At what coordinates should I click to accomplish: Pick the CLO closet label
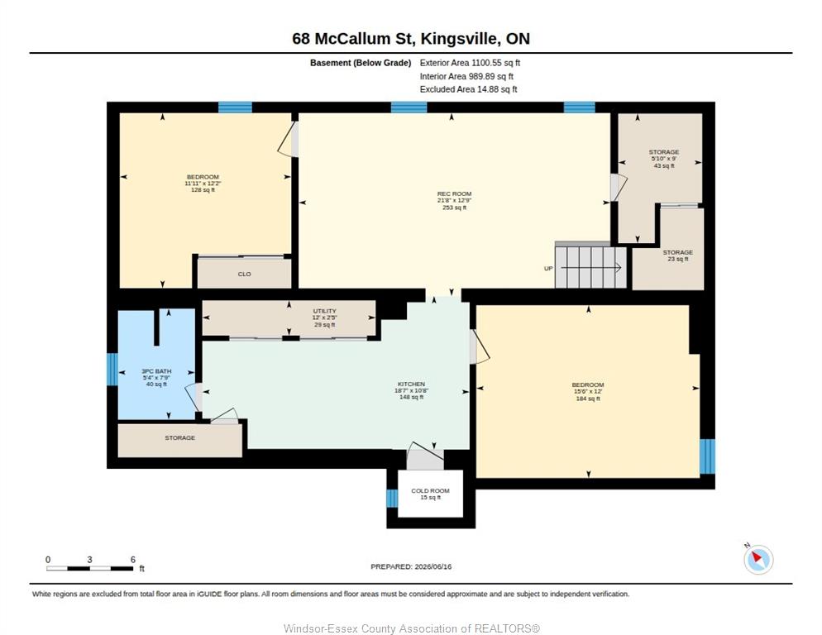pos(244,275)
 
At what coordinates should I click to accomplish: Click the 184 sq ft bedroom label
pos(588,391)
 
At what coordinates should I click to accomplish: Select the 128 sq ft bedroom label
pos(203,184)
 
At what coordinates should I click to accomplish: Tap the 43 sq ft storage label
pos(664,159)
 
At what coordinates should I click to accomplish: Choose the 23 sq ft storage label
pos(678,255)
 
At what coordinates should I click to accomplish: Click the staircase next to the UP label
pos(590,267)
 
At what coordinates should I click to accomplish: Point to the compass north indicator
pos(758,559)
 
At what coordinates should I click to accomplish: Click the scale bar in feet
pos(89,568)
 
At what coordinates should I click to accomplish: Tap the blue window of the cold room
pos(392,498)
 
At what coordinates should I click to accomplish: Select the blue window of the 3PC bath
pos(112,369)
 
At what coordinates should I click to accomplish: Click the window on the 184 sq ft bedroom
pos(707,456)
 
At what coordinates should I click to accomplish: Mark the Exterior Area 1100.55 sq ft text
pos(470,63)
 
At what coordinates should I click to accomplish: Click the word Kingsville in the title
pos(459,39)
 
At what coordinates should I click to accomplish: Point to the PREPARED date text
pos(411,566)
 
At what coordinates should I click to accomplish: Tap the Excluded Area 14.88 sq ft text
pos(468,89)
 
